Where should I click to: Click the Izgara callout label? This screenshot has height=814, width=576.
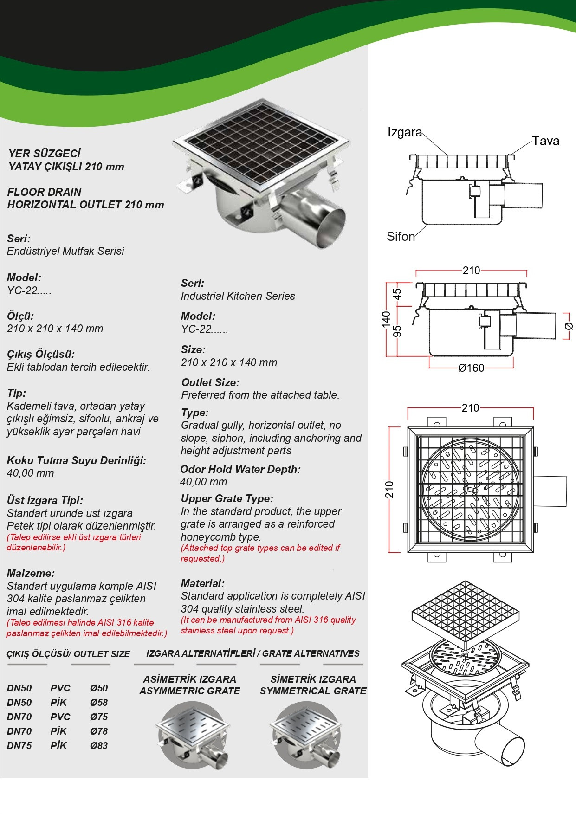coord(405,133)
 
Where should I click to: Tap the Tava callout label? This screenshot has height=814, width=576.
coord(545,141)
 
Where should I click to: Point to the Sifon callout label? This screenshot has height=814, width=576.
coord(401,237)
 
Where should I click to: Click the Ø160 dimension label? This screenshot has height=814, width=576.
coord(471,368)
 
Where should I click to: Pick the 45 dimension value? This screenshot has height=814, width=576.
coord(398,294)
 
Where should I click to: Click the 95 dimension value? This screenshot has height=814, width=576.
coord(398,331)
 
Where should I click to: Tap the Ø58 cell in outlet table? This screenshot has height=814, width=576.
coord(99,703)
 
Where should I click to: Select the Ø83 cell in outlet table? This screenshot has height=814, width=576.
coord(99,746)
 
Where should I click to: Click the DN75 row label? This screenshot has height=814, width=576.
coord(19,746)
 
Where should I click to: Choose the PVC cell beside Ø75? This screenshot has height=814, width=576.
coord(60,717)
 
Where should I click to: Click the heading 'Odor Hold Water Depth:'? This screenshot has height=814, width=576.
coord(240,469)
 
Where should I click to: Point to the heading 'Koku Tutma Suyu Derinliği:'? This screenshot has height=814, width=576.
coord(77,460)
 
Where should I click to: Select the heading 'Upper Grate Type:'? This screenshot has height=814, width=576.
coord(227,499)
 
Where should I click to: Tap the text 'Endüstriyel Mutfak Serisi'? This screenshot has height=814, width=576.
coord(65,251)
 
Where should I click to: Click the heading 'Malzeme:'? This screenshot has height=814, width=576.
coord(31,573)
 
